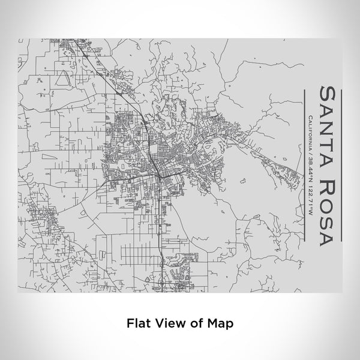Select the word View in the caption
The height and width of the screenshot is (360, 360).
tap(166, 322)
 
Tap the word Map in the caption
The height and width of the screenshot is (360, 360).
tap(218, 322)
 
